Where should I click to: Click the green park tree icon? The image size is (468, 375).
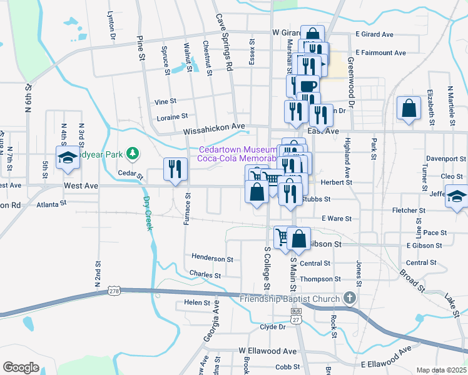(131, 152)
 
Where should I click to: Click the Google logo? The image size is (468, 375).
(21, 367)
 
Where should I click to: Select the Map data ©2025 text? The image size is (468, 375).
(442, 370)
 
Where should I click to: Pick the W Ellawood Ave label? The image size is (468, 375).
(267, 351)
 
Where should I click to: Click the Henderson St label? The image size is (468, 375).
(212, 258)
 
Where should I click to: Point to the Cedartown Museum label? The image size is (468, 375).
(238, 150)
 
